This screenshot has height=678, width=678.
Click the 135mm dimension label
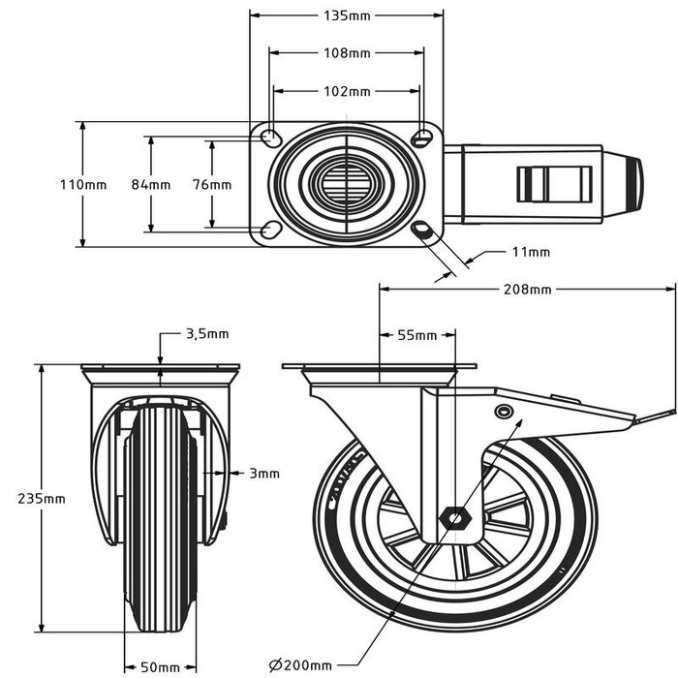point(347,15)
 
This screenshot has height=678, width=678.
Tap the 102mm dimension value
point(347,91)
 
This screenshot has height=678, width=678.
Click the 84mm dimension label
point(151,184)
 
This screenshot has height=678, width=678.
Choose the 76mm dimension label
point(211,184)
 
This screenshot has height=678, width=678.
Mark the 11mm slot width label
point(531,252)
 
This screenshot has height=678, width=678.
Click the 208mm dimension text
point(527,289)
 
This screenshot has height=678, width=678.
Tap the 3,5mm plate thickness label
point(206,334)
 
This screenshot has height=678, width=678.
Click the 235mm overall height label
point(42,498)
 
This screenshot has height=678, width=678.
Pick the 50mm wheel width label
point(160,666)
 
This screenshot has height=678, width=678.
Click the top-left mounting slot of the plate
point(270,137)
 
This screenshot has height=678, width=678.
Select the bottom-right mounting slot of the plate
point(423,230)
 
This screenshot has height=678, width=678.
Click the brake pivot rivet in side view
point(502,413)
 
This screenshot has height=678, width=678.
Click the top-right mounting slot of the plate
point(422,137)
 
